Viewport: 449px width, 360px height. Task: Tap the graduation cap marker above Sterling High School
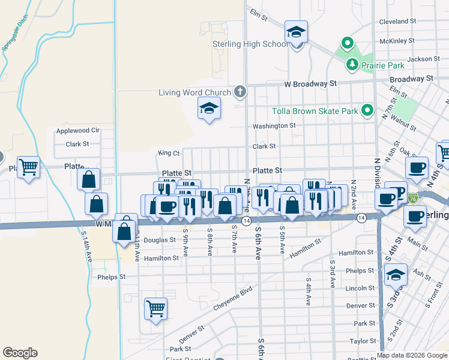297,32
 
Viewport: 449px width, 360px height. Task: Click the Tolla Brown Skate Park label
315,111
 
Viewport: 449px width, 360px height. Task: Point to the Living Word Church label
194,92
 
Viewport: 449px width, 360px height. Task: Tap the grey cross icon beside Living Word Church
240,92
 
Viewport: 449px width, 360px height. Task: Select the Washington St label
274,126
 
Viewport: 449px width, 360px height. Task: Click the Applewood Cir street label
77,130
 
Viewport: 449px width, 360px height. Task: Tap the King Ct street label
169,154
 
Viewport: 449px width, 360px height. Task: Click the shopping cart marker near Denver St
156,309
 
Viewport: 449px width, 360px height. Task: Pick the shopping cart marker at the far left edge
29,167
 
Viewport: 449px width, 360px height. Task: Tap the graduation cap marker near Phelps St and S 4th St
396,274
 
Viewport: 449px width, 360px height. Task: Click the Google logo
20,353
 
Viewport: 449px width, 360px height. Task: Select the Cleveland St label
396,21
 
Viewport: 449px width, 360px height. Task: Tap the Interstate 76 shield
412,198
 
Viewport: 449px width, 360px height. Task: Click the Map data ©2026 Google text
412,355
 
